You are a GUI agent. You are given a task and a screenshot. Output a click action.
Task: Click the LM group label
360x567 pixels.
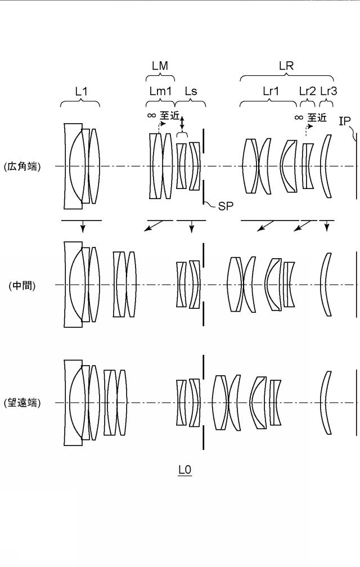coord(160,65)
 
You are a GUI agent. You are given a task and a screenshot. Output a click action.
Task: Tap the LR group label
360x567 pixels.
coord(286,65)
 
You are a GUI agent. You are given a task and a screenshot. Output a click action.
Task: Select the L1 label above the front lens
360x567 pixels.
coord(82,91)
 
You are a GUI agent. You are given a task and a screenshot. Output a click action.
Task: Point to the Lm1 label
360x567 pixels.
coord(160,91)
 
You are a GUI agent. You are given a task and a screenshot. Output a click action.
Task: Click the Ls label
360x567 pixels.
coord(191,91)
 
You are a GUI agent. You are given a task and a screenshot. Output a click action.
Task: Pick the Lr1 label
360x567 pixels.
coord(271,91)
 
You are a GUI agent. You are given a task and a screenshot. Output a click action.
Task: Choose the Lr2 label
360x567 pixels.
coord(308,91)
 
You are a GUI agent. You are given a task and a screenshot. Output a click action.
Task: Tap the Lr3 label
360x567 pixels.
coord(328,91)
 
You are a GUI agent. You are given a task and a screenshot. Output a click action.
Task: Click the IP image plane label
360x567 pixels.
coord(344,121)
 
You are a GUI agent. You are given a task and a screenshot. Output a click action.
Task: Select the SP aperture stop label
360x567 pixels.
coord(226,206)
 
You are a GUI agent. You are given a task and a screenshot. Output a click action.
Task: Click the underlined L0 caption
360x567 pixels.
coord(184,470)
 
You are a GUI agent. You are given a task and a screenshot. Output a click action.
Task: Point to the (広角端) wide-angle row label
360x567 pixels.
coord(22,166)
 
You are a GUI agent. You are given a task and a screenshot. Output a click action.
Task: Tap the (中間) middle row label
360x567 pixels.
coord(22,285)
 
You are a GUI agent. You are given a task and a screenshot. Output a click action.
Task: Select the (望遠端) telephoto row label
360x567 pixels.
coord(22,403)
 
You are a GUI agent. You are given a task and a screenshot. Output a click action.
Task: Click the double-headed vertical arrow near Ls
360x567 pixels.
coord(182,123)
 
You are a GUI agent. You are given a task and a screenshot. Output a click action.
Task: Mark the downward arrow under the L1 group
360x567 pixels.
coord(83,226)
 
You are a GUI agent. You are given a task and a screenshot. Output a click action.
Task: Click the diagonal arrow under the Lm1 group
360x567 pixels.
coord(153,225)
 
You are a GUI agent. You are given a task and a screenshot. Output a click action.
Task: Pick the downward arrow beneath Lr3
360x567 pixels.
coord(327,226)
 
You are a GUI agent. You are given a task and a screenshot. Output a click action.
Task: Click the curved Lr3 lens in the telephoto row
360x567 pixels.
coord(326,403)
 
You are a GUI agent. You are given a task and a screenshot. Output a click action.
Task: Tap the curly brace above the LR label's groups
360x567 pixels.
coord(286,76)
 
